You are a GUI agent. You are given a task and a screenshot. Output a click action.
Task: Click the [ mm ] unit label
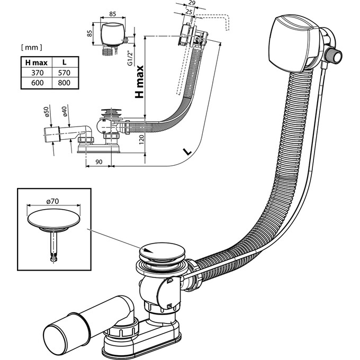point(31,48)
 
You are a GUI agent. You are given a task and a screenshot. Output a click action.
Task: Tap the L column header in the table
point(65,62)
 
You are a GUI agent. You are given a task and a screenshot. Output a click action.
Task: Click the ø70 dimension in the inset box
point(52,201)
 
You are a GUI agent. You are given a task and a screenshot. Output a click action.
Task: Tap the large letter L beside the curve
point(185,151)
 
